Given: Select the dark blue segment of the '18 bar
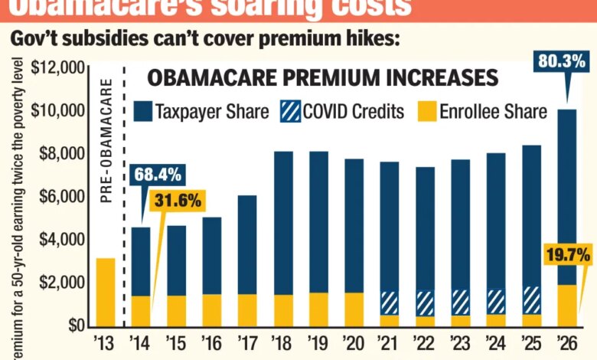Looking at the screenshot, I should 283,223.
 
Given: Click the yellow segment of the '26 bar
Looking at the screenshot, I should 566,305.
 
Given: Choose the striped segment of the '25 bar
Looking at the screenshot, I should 531,300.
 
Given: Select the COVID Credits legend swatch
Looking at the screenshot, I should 289,112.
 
